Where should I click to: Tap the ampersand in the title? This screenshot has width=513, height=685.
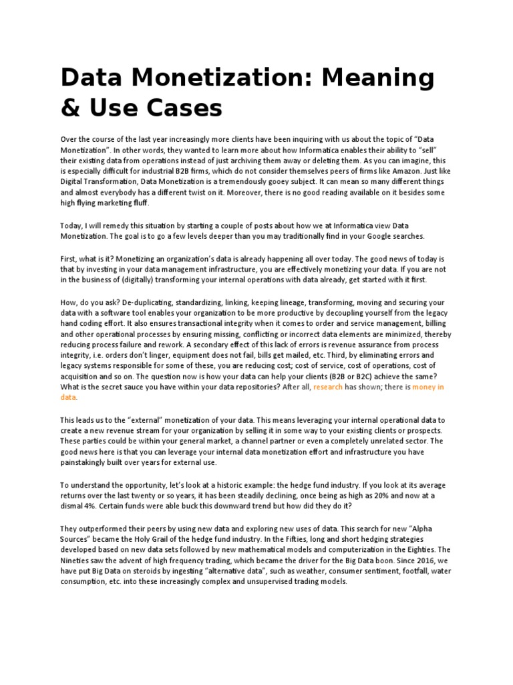(x=70, y=107)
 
